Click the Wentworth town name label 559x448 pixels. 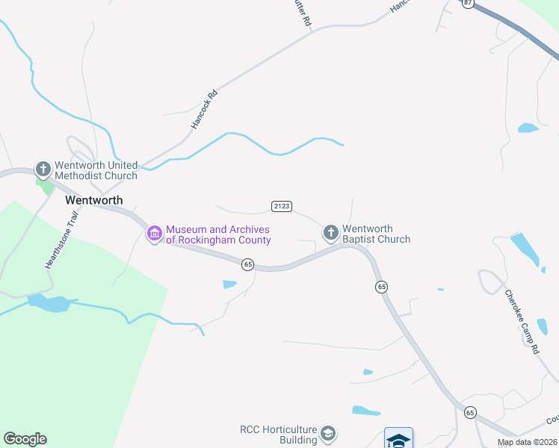(x=93, y=200)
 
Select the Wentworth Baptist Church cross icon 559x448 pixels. (x=330, y=233)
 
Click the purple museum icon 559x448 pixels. (x=155, y=234)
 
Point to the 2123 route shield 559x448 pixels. (x=281, y=206)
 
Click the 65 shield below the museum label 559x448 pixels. (x=248, y=264)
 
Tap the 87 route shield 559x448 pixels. (x=468, y=4)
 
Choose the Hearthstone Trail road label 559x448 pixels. (x=61, y=240)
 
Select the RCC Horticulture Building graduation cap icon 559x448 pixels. (x=327, y=434)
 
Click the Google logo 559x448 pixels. (x=25, y=439)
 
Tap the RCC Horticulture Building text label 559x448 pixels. (x=277, y=435)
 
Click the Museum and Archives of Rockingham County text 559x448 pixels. (x=217, y=235)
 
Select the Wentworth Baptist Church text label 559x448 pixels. (x=376, y=234)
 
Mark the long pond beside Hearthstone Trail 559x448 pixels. (x=49, y=302)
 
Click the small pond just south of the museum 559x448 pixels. (x=229, y=284)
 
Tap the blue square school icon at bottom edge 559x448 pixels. (x=398, y=438)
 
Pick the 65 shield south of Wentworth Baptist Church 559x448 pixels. (x=381, y=287)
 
